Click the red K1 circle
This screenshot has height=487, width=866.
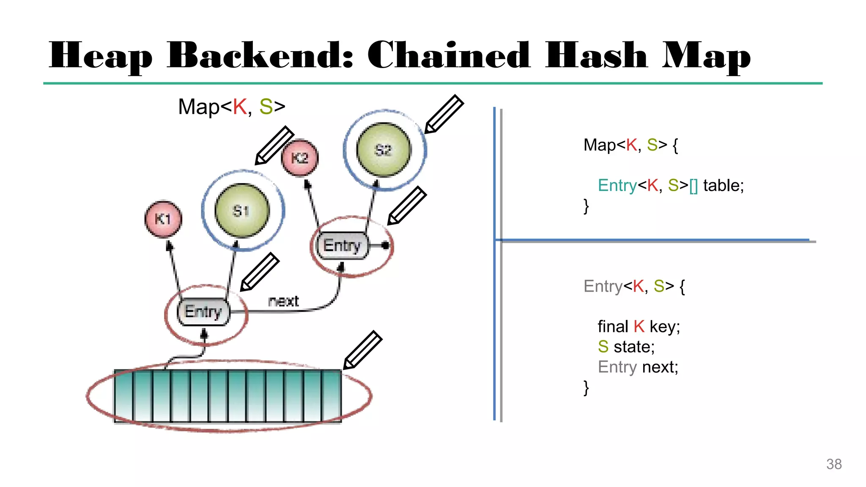[163, 219]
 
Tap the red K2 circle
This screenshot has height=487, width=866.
[300, 158]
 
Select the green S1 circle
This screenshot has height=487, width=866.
[242, 211]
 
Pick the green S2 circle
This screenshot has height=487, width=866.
[384, 150]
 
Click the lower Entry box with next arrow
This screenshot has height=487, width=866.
[203, 312]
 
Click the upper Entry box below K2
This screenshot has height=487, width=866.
[342, 246]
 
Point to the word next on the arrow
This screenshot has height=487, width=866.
[283, 301]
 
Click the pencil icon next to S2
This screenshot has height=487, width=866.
[444, 114]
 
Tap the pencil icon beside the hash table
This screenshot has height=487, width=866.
[363, 350]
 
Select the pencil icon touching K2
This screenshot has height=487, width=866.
[274, 145]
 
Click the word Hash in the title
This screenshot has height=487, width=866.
[596, 55]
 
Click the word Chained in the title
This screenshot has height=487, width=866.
[448, 55]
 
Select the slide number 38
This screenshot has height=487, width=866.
[834, 464]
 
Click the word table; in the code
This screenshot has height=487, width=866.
[723, 186]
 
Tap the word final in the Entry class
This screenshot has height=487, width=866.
[613, 327]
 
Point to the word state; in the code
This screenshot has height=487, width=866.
[634, 347]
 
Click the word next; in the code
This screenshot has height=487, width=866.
[660, 367]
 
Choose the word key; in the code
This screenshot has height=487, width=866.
[665, 327]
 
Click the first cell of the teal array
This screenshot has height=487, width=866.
[124, 396]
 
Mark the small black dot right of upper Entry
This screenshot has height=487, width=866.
[385, 245]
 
